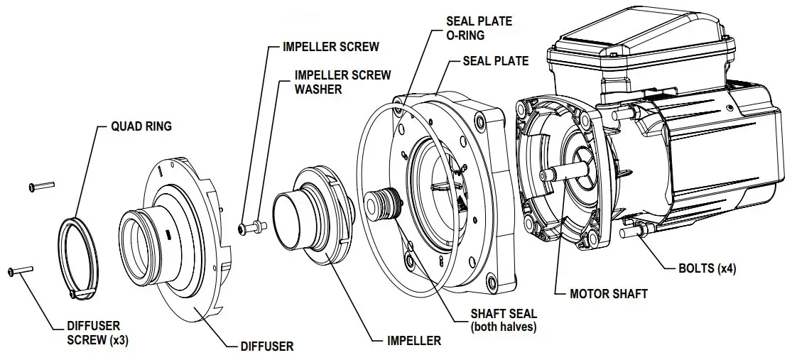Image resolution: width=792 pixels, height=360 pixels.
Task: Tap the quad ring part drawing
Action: tap(79, 255)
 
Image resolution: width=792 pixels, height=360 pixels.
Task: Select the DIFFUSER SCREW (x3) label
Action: tap(97, 333)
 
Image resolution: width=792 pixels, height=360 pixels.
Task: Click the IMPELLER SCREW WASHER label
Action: tap(342, 82)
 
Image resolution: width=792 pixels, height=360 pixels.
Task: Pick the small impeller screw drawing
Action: tap(249, 228)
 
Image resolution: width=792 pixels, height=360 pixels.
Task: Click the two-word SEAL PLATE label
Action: tap(495, 61)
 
